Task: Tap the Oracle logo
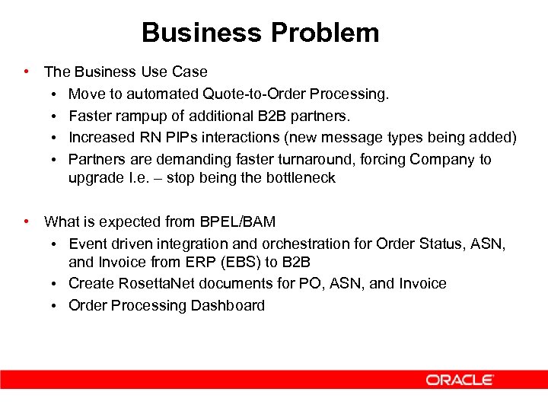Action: pos(460,380)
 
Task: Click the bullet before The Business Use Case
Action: pos(27,72)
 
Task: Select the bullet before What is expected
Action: pos(27,221)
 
